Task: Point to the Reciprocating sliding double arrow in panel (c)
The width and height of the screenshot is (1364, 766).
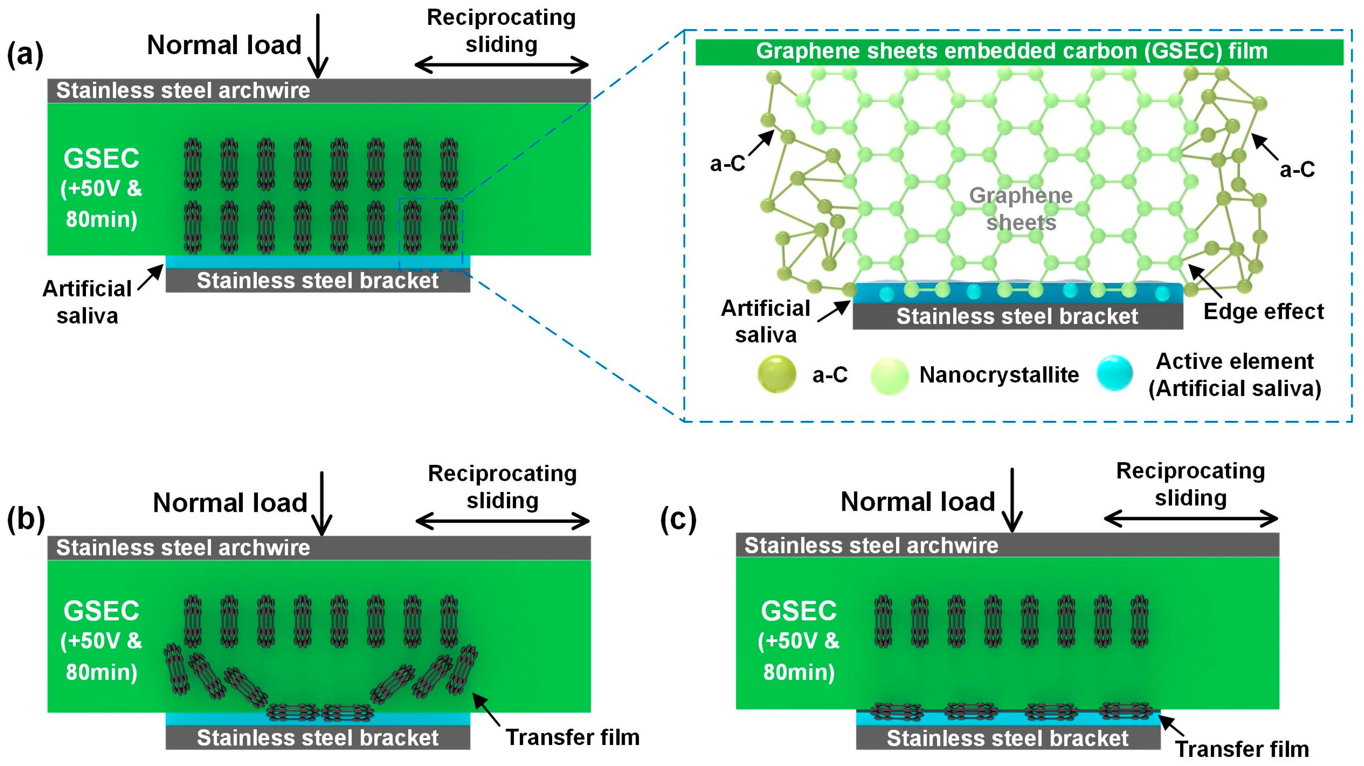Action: [1190, 519]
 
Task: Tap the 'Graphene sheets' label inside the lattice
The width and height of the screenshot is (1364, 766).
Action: [1020, 209]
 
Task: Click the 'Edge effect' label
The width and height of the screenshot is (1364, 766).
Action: [1263, 311]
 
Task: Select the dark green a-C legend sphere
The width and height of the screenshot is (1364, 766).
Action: [776, 374]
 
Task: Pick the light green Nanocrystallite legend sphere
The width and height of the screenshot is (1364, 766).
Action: [889, 375]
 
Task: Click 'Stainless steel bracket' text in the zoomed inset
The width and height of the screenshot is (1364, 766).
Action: [1017, 317]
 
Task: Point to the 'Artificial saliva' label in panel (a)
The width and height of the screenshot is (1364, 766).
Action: [87, 302]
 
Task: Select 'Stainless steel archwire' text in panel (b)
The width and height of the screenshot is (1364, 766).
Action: [183, 548]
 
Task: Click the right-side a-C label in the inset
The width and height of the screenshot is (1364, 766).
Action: [1297, 170]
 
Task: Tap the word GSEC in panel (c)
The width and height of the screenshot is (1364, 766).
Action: [798, 611]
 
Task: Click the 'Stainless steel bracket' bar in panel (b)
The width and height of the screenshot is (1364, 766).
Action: [318, 738]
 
